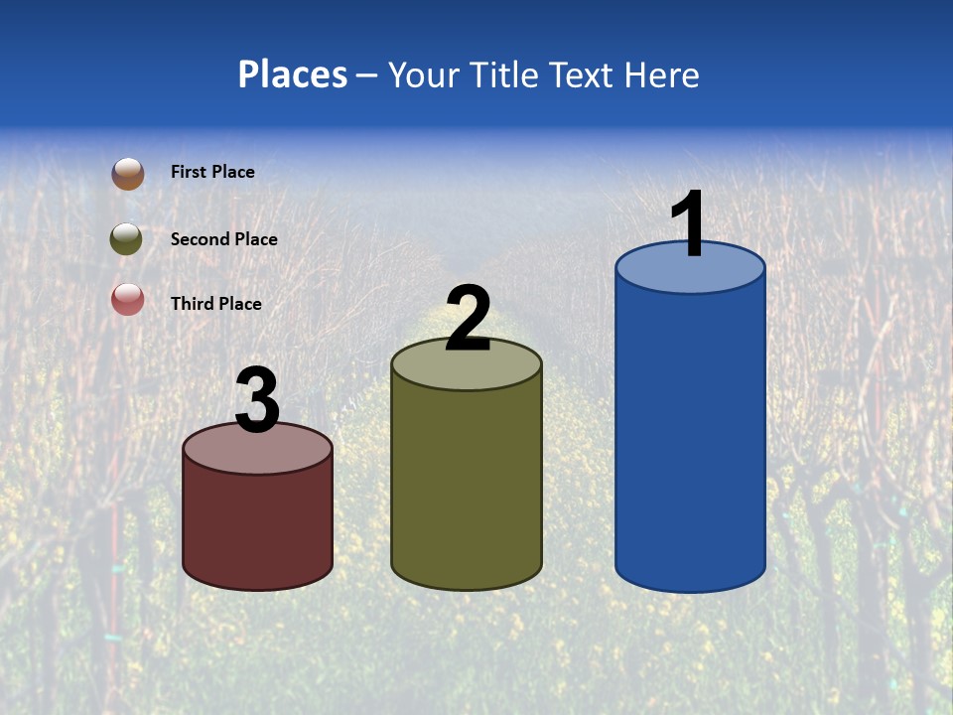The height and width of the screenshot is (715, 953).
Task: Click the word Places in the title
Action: point(293,74)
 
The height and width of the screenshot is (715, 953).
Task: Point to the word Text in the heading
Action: point(586,74)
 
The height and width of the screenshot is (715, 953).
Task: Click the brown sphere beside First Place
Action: point(127,174)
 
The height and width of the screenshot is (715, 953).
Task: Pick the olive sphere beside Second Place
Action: point(126,239)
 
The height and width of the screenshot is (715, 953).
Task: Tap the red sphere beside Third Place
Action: point(127,299)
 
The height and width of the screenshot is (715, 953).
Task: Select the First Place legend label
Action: point(212,172)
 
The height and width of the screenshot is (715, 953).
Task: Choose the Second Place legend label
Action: point(223,239)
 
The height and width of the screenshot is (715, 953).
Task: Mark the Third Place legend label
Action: point(215,304)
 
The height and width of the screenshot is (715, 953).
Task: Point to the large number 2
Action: point(468,318)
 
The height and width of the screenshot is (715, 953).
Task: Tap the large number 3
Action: point(257,401)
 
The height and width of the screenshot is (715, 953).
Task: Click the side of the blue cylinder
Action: point(690,437)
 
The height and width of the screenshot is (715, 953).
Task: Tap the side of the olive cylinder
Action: point(467,487)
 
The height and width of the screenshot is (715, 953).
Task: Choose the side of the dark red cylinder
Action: point(257,526)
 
